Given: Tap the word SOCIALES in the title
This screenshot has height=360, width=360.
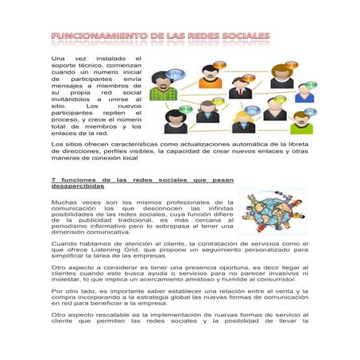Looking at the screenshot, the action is tap(242, 37).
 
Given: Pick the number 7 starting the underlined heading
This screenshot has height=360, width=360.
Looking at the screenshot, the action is tap(52, 180).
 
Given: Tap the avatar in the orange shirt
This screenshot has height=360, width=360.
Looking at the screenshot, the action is tap(211, 76).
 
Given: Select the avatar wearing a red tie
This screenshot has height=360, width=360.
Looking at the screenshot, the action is tap(241, 88).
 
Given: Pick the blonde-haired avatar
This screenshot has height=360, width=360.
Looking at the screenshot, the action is tap(243, 119).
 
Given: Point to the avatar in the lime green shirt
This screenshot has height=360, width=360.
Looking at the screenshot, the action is tap(302, 122).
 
